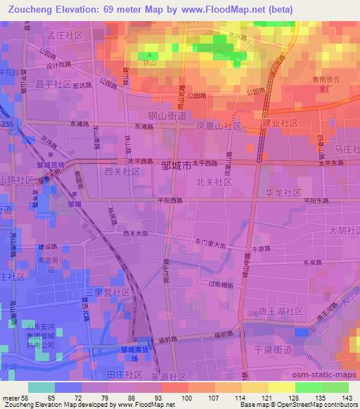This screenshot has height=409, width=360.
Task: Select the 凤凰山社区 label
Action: tap(219, 125)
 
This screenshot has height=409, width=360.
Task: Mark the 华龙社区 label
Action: tap(283, 192)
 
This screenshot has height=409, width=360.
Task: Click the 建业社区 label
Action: tap(280, 123)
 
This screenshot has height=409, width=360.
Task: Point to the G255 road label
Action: tap(7, 124)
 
